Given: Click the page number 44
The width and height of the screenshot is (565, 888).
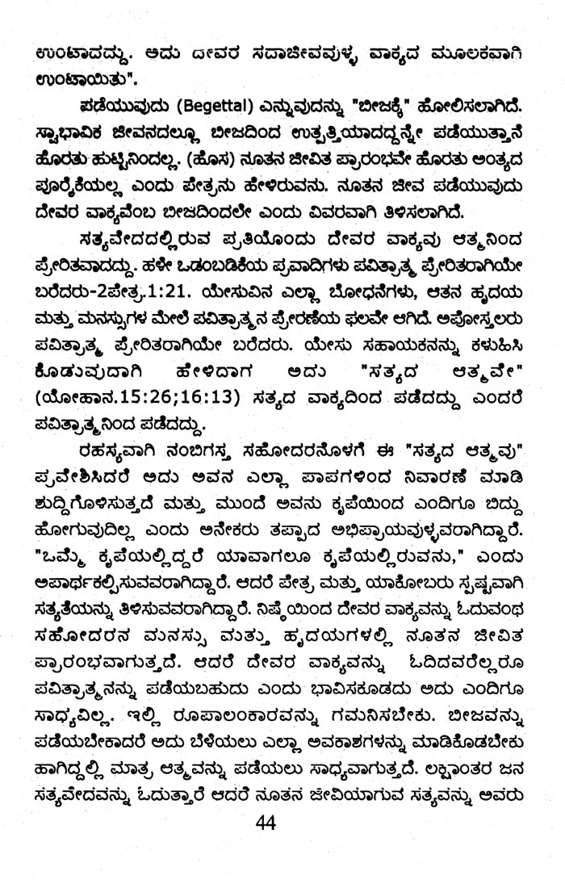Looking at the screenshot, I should point(266,824).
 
